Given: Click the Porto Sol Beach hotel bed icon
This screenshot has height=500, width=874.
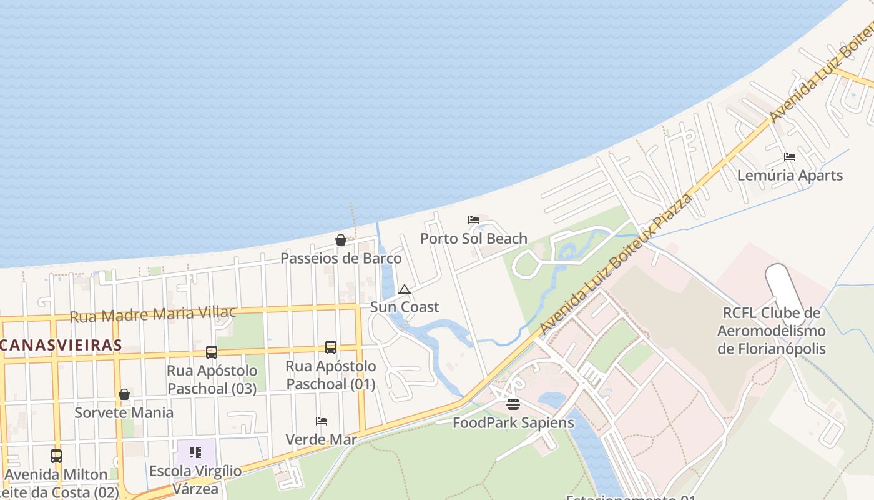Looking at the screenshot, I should (x=474, y=220).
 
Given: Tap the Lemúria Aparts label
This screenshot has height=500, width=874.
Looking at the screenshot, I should (x=790, y=176).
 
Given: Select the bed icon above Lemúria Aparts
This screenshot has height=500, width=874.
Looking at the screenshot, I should (x=790, y=157).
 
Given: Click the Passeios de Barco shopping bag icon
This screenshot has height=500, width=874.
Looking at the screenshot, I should (x=341, y=240).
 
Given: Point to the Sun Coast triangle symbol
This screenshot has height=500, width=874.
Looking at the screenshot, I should (x=405, y=289).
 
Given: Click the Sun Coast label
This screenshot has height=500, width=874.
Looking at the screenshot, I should (x=405, y=307).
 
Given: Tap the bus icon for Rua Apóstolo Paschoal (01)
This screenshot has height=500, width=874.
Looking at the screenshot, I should (x=331, y=347).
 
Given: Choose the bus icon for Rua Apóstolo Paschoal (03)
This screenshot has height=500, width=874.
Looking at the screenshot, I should (x=212, y=352).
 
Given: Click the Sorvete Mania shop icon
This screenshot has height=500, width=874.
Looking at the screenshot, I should (x=124, y=394).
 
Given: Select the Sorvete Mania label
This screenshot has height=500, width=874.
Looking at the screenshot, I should (x=124, y=412).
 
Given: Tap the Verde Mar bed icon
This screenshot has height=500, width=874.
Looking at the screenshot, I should (x=322, y=421).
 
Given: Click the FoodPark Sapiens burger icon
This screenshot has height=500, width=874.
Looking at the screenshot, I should (x=513, y=404).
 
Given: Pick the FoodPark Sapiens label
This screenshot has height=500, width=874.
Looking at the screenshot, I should (x=513, y=423).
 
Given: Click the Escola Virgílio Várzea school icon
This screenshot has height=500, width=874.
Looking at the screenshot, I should (x=195, y=452).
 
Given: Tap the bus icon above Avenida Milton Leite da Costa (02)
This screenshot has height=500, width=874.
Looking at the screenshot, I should (x=56, y=456).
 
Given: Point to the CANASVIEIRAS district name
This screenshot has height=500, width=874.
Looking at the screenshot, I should (x=61, y=345).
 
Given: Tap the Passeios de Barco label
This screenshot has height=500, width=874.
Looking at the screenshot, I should (x=341, y=258).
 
